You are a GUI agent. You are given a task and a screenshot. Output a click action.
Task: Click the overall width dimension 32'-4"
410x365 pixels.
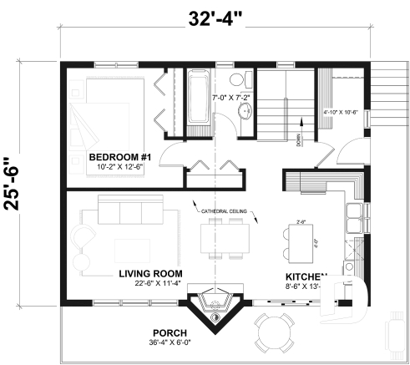point(214,18)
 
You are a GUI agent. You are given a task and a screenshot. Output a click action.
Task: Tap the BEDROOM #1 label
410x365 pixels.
point(119,157)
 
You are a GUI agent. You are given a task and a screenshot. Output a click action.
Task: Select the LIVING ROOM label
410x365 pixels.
point(149,273)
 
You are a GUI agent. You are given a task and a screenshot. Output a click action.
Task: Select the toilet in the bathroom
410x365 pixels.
point(238,81)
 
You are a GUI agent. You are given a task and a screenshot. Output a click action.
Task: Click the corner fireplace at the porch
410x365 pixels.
point(215,307)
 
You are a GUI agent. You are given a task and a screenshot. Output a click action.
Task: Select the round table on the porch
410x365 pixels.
point(275,332)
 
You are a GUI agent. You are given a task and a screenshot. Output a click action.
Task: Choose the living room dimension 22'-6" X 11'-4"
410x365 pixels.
point(151,283)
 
